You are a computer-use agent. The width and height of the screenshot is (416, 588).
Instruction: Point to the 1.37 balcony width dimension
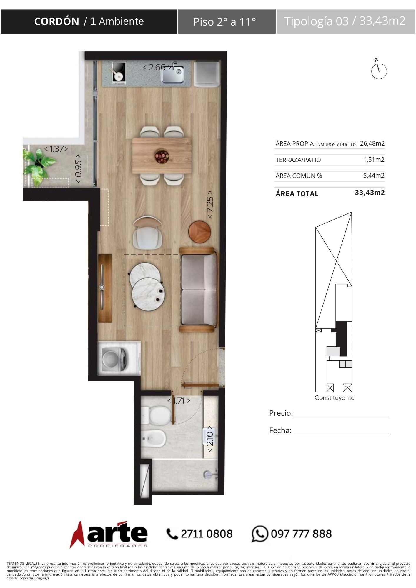(56, 149)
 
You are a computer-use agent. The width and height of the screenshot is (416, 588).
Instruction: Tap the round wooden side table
(200, 232)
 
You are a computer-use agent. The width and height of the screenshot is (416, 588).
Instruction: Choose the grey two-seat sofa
(199, 290)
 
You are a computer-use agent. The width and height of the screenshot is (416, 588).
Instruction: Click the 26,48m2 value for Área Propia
(372, 143)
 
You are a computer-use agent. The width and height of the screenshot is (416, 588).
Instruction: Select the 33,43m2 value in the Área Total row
(370, 193)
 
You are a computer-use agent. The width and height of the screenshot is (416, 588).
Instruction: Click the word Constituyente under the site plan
(335, 398)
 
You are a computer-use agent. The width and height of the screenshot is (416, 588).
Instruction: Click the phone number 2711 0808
(207, 534)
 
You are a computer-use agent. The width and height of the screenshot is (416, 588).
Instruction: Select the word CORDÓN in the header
(56, 21)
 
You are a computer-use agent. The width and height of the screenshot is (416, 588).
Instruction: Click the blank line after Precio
(341, 417)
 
